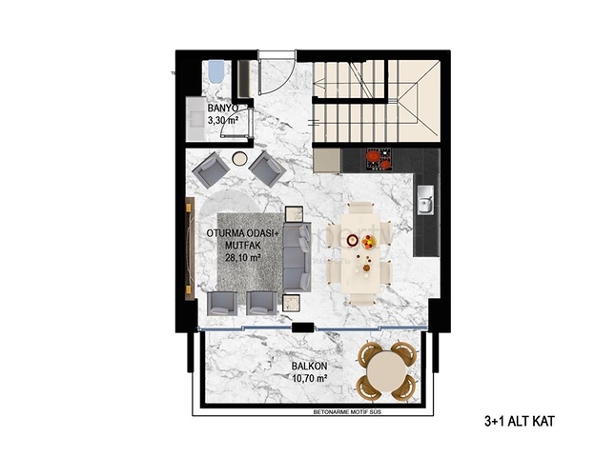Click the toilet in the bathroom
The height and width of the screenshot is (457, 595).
(216, 72)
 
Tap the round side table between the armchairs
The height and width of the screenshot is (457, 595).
(239, 159)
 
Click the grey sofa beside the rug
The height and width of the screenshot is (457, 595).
(296, 257)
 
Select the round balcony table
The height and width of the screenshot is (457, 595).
(386, 369)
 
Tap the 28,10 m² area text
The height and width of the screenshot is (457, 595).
(241, 255)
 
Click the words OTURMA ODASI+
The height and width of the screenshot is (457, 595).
(241, 233)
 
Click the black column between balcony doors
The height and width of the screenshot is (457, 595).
(303, 328)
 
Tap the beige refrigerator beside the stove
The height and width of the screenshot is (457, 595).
(327, 158)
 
